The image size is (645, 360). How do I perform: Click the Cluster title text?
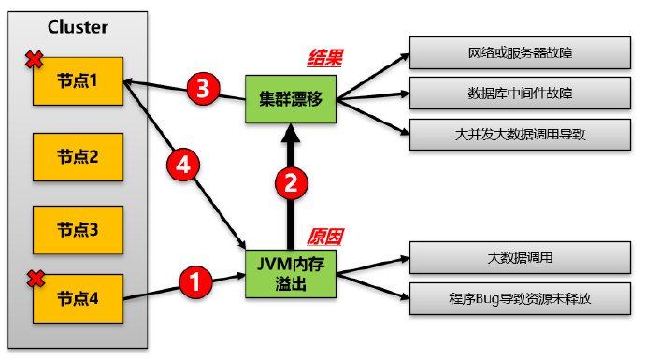(79, 27)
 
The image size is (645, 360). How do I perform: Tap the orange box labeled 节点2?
(78, 156)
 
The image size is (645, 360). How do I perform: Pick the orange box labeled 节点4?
(78, 299)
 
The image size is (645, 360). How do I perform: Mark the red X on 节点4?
(36, 277)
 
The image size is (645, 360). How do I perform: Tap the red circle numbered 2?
(291, 183)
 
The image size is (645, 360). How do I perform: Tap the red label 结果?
(325, 58)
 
